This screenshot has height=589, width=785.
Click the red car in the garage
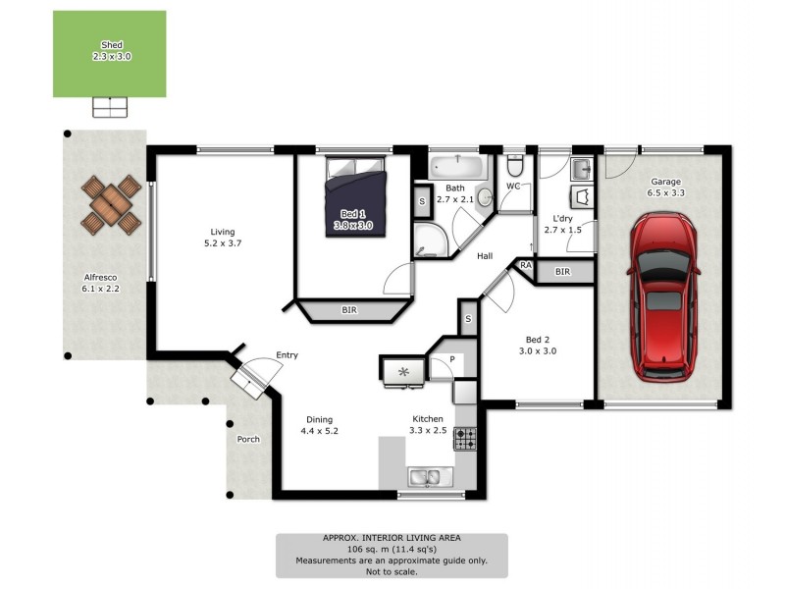[664, 297]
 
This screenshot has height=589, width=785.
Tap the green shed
[109, 54]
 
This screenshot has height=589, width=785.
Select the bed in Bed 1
[356, 196]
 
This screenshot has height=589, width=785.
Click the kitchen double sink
[429, 477]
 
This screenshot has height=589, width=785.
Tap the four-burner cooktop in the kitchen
[464, 438]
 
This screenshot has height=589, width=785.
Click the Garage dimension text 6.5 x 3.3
[665, 193]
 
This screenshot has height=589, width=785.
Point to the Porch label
[248, 439]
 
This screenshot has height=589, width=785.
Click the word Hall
[485, 256]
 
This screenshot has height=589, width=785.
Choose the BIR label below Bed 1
[349, 310]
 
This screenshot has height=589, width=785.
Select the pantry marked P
[452, 360]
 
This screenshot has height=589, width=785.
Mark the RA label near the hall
[526, 265]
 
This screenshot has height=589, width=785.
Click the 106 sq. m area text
[392, 550]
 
